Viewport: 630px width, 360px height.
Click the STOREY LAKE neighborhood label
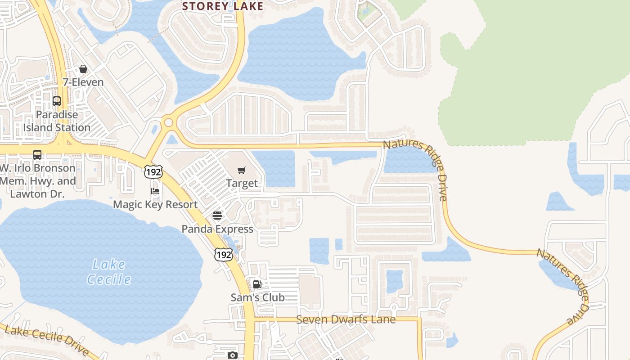(x=222, y=6)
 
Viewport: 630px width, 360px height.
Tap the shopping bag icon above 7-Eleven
(x=83, y=69)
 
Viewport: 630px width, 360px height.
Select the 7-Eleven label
(x=83, y=82)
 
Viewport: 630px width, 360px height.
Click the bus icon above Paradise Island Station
(x=57, y=101)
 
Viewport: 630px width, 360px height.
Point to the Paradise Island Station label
(x=57, y=121)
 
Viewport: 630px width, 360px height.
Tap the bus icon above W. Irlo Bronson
(x=37, y=155)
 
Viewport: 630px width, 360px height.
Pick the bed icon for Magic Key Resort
(x=155, y=191)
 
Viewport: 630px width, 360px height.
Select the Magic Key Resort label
(x=155, y=205)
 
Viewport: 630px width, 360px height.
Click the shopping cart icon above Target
(x=242, y=170)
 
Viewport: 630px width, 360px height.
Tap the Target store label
(x=242, y=183)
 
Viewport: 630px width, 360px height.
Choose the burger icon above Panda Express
(x=217, y=216)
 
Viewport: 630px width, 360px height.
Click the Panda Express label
(x=217, y=229)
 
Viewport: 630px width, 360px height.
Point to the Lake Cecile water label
(x=109, y=272)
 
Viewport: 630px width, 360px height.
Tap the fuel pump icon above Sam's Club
(x=257, y=284)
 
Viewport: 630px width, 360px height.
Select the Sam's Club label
(x=257, y=297)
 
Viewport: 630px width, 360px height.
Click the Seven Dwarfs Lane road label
(x=346, y=319)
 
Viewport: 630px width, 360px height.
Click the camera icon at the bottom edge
(x=232, y=355)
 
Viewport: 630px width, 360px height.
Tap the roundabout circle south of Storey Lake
(x=169, y=121)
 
